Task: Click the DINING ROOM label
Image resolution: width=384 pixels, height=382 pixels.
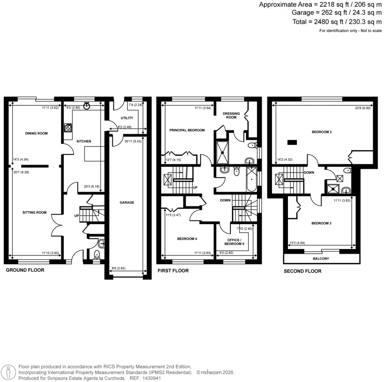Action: [37, 133]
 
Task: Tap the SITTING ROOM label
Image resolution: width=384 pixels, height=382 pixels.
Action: [36, 212]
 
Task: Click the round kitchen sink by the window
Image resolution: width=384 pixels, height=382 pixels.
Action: [87, 105]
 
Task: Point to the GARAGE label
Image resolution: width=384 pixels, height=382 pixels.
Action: [127, 203]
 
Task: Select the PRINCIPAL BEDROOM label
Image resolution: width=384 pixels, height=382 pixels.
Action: [187, 130]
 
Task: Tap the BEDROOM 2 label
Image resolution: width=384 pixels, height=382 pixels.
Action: [321, 132]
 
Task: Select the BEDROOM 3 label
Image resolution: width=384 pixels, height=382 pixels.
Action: [321, 223]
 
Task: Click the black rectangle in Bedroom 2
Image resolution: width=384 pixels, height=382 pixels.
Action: [292, 142]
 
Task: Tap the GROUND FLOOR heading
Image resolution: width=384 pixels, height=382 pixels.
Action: [25, 270]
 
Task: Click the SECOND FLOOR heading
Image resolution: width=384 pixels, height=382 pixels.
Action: [303, 271]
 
